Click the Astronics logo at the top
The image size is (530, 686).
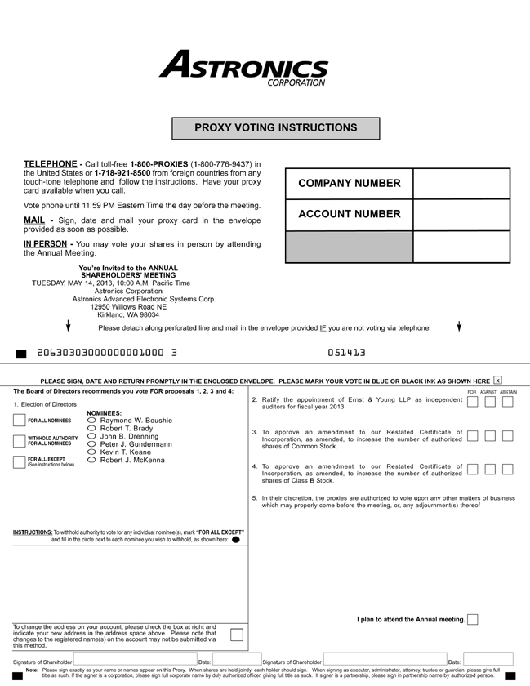(x=243, y=67)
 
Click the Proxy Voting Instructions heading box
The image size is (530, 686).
(x=275, y=128)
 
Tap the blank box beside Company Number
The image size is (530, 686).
(x=461, y=184)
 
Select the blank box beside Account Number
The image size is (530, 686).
(x=461, y=215)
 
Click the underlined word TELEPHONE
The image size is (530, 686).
(x=50, y=164)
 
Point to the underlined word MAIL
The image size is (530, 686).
(x=33, y=220)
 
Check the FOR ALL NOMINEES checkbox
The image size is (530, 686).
(x=20, y=421)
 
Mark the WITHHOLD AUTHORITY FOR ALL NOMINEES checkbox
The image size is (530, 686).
(x=20, y=441)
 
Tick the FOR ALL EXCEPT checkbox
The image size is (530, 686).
(x=20, y=461)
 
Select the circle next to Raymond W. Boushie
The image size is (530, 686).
(x=91, y=421)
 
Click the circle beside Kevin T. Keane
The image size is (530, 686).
(x=91, y=452)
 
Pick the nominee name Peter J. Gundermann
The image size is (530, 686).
(x=136, y=444)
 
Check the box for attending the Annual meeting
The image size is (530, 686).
(x=473, y=620)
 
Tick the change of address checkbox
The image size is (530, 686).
(x=237, y=635)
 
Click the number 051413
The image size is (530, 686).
(x=346, y=353)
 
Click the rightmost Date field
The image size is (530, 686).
(x=488, y=659)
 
